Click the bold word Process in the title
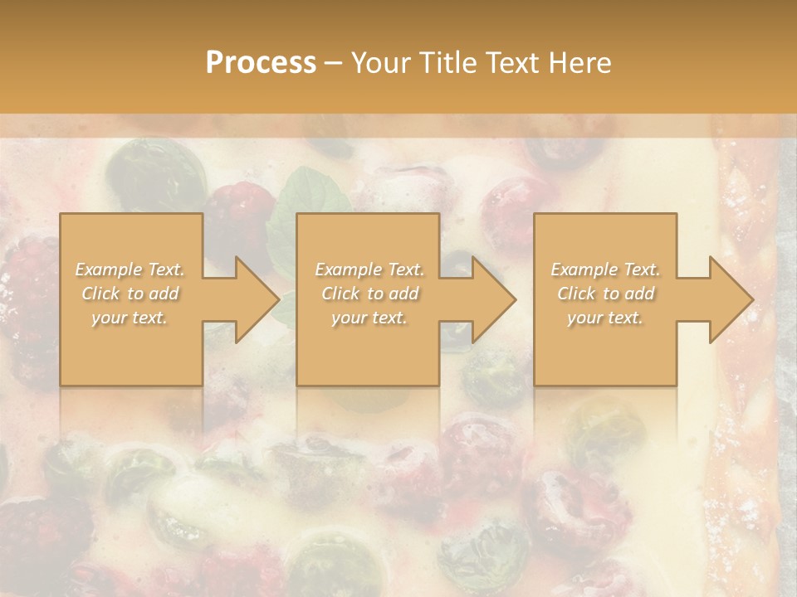261,62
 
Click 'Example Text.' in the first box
130,269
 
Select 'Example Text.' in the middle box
369,269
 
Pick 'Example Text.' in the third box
605,269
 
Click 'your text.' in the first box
130,318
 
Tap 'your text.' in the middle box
369,318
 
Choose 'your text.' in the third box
605,318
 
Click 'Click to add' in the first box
130,294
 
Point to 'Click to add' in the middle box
369,294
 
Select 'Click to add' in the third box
605,294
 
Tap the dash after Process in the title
333,63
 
